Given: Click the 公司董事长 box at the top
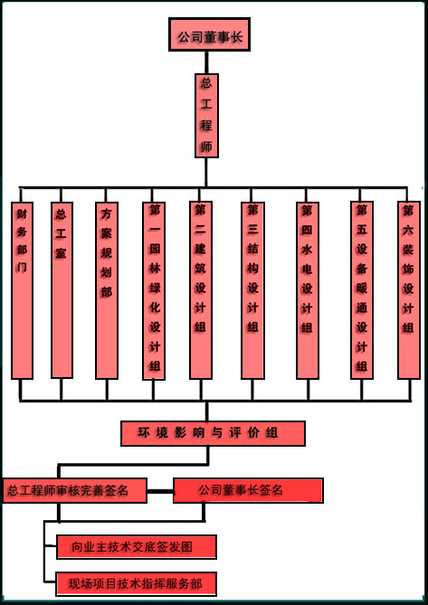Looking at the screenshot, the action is click(x=209, y=34).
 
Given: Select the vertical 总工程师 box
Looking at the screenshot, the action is click(x=207, y=116).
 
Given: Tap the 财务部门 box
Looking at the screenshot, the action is click(x=22, y=290).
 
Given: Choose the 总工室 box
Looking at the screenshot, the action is click(x=62, y=289).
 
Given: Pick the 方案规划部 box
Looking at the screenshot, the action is click(x=107, y=290).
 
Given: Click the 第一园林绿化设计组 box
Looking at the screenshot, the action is click(x=154, y=290).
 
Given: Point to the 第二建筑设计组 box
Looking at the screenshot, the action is click(x=201, y=289).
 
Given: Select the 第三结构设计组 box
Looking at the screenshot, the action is click(x=252, y=290).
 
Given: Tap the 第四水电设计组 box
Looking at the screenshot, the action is click(x=308, y=290).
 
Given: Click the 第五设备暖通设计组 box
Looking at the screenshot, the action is click(x=362, y=289).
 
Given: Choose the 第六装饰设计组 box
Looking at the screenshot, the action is click(x=409, y=289).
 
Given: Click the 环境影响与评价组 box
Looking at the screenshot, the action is click(x=213, y=434).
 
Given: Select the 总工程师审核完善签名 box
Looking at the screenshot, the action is click(x=74, y=490).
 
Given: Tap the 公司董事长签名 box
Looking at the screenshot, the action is click(x=248, y=490).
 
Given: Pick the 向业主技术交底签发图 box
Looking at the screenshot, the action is click(x=137, y=547).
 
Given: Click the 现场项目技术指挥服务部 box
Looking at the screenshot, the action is click(x=137, y=584).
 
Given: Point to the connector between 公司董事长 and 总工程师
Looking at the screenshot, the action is click(x=206, y=62).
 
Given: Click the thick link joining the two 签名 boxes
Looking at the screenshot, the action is click(x=160, y=491).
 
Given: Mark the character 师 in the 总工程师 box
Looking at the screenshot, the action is click(x=206, y=147).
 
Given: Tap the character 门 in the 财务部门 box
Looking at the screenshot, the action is click(x=22, y=267).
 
